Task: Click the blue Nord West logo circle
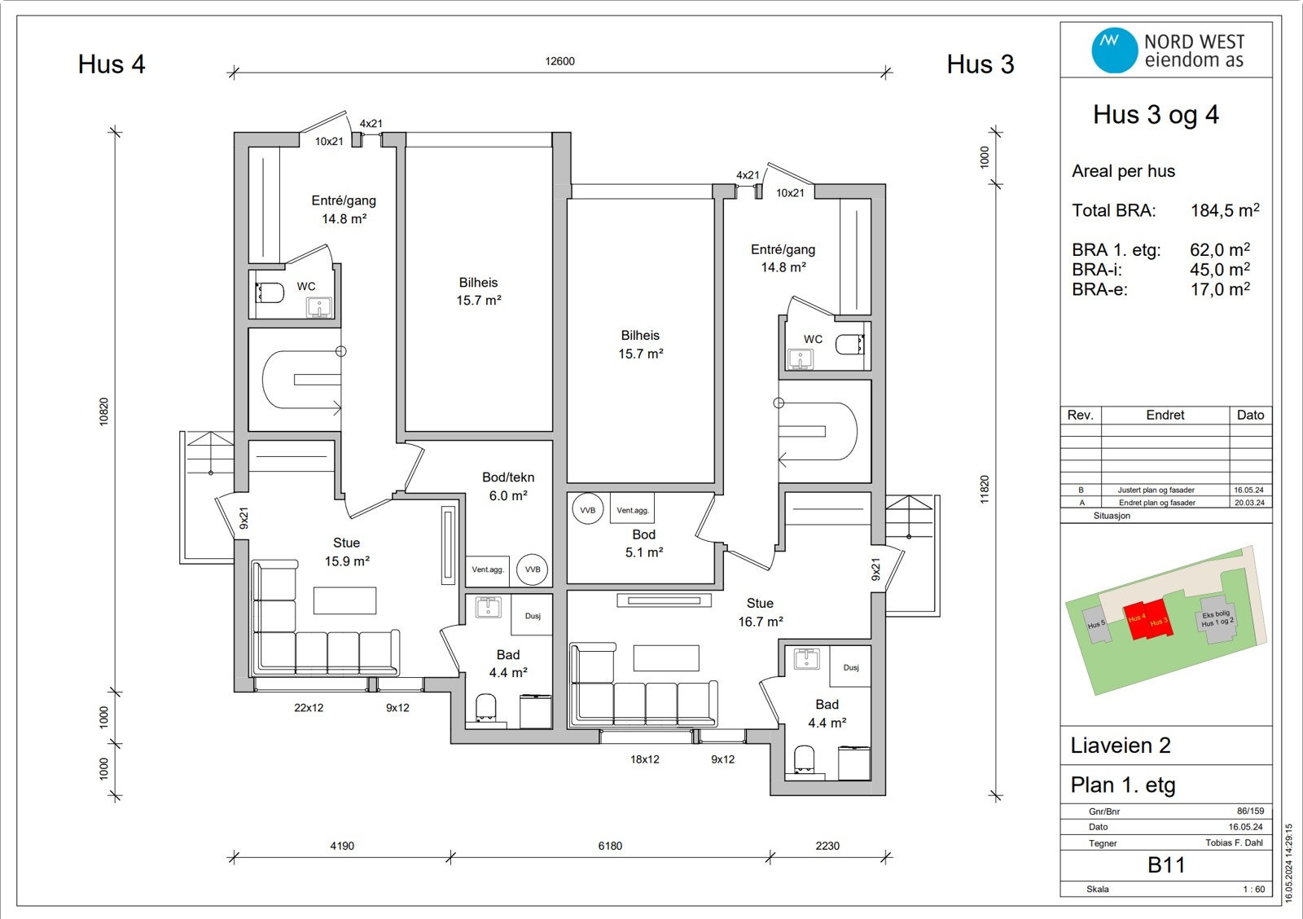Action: pyautogui.click(x=1114, y=50)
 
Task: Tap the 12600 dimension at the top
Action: pyautogui.click(x=559, y=61)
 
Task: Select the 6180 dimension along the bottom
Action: pyautogui.click(x=610, y=846)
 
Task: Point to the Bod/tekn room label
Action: pyautogui.click(x=508, y=477)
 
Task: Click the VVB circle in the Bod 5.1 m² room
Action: pyautogui.click(x=587, y=510)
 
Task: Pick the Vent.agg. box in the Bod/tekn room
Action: pyautogui.click(x=488, y=569)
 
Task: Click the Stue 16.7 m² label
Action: pyautogui.click(x=761, y=613)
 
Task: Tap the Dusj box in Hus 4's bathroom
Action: pyautogui.click(x=532, y=614)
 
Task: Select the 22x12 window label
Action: pyautogui.click(x=309, y=708)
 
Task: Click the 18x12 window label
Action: pyautogui.click(x=644, y=759)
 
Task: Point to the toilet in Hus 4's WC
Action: pyautogui.click(x=270, y=292)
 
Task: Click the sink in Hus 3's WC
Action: pyautogui.click(x=801, y=358)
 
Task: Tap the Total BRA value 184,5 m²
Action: pyautogui.click(x=1225, y=209)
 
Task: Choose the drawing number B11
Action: pyautogui.click(x=1166, y=865)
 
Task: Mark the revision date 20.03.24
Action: pyautogui.click(x=1249, y=503)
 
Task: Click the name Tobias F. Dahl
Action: pyautogui.click(x=1234, y=842)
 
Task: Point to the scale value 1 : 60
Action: pyautogui.click(x=1253, y=889)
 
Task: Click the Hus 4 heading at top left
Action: pyautogui.click(x=112, y=64)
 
